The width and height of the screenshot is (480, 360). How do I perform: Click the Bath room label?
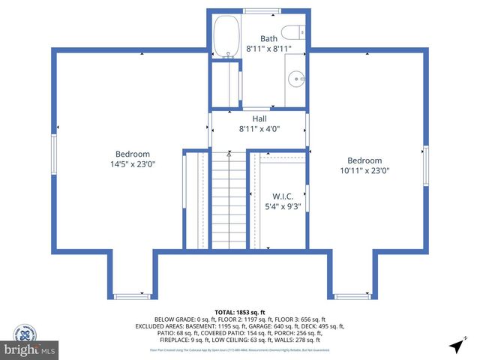268,38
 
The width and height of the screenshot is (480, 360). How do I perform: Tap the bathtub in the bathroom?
224,37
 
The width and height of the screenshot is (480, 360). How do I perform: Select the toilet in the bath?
298,32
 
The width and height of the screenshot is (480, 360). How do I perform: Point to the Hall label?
259,118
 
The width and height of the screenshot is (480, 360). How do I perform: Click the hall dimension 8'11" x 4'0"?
259,128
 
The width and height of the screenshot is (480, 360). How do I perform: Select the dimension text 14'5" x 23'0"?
132,163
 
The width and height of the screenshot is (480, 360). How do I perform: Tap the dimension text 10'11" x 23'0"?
364,170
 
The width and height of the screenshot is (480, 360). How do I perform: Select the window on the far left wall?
54,154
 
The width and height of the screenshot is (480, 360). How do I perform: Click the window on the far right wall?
425,165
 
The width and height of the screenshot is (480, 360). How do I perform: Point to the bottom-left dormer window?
132,296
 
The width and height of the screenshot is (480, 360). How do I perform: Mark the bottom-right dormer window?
352,296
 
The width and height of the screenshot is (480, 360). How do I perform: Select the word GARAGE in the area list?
261,326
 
